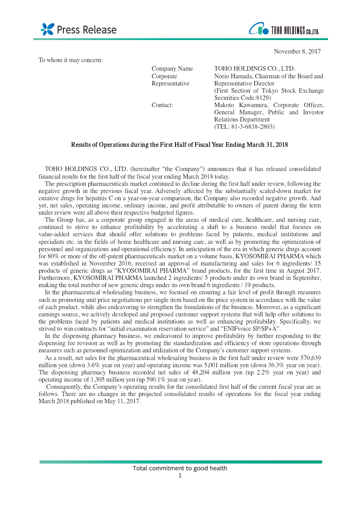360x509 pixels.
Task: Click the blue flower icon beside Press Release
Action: pyautogui.click(x=47, y=29)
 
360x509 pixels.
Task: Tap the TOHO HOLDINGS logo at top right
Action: pyautogui.click(x=284, y=30)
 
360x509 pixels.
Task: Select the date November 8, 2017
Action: pyautogui.click(x=297, y=52)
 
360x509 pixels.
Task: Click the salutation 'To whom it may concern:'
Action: pyautogui.click(x=71, y=60)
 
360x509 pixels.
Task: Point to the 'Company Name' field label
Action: pyautogui.click(x=172, y=69)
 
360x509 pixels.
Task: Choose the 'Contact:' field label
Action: pyautogui.click(x=162, y=105)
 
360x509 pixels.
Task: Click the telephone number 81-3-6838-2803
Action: pyautogui.click(x=249, y=127)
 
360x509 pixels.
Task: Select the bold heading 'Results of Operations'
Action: pyautogui.click(x=180, y=145)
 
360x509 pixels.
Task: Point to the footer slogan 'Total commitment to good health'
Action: pyautogui.click(x=180, y=468)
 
